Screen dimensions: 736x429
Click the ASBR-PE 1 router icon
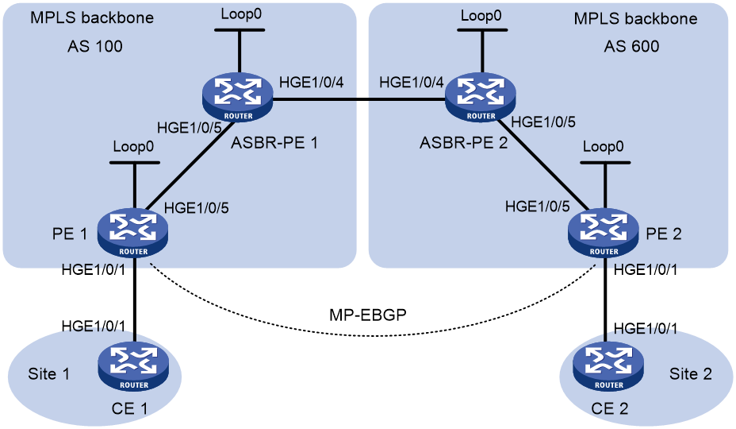(x=238, y=97)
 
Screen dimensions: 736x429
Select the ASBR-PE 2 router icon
(x=481, y=97)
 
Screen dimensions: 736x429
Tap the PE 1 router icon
(x=132, y=233)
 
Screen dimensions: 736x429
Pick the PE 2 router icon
(x=604, y=233)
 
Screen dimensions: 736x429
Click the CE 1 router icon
(x=133, y=367)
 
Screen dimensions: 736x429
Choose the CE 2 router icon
(x=608, y=367)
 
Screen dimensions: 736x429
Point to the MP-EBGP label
(x=367, y=315)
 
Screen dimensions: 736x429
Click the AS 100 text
(x=95, y=46)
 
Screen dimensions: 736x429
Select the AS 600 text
(x=631, y=46)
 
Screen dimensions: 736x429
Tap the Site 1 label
(x=49, y=374)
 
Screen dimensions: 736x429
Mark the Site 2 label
(x=691, y=374)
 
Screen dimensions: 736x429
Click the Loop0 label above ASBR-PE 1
(x=241, y=14)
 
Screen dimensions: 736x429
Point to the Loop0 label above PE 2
(x=604, y=146)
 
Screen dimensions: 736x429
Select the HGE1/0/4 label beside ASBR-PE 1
(x=311, y=83)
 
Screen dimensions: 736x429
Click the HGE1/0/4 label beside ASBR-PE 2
(x=411, y=83)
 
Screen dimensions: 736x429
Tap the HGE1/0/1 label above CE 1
(x=94, y=326)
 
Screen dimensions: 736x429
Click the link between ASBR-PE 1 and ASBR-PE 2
(x=359, y=99)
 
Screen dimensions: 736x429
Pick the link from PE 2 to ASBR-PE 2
(x=542, y=164)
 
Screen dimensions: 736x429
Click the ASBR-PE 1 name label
(x=274, y=142)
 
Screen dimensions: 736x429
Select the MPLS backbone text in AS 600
(x=635, y=19)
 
